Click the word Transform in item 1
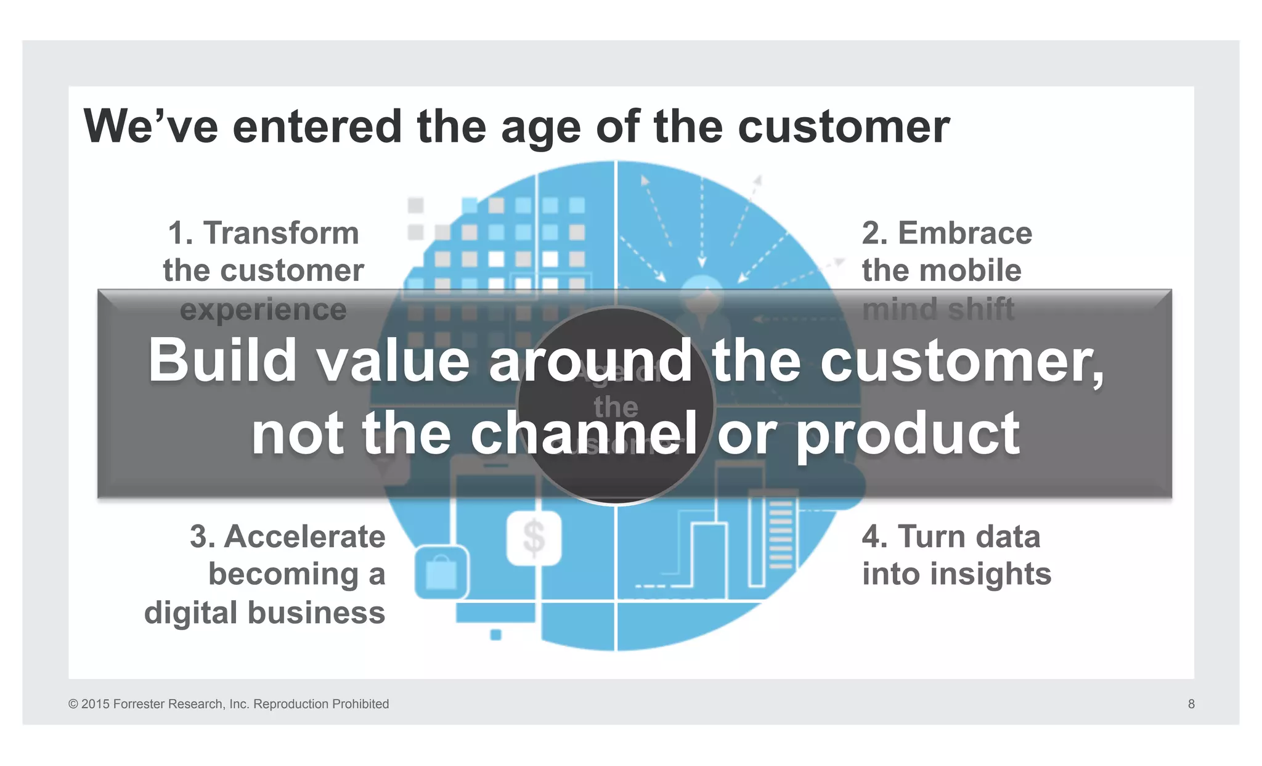coord(281,234)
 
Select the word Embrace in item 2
coord(964,234)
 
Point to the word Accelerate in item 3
coord(304,536)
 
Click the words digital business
coord(264,613)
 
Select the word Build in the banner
coord(222,361)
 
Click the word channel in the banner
coord(584,434)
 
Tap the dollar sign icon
coord(534,537)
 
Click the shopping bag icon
coord(441,572)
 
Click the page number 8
coord(1191,704)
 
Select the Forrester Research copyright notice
coord(229,704)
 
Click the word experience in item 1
coord(263,309)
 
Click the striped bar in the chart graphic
coord(780,535)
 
